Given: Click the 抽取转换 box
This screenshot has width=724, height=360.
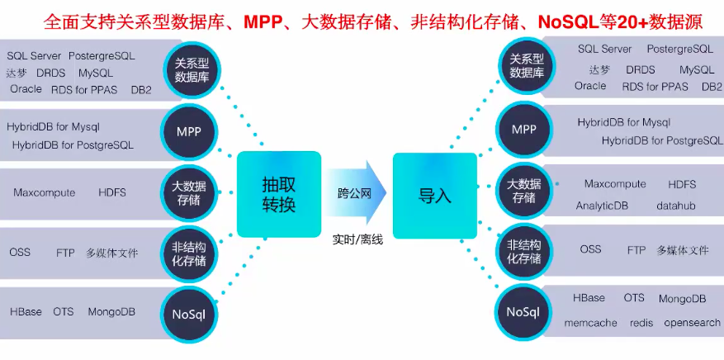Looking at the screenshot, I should point(278,194).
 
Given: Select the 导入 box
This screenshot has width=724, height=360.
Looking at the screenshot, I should point(434,195).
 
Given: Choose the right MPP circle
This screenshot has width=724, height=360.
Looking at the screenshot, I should point(524,130).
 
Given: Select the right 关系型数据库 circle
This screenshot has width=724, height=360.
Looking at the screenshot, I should point(526,65).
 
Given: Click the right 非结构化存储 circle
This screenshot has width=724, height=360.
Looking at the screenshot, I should point(524,251).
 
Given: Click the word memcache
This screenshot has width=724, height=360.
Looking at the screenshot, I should point(590,323).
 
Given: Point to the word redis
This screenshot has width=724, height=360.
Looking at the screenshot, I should point(641,323).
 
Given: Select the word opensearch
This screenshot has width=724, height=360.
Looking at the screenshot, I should point(692,323).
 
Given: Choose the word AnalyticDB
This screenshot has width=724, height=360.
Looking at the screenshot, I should point(603,206).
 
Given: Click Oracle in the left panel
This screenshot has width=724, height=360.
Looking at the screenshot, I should point(26,89).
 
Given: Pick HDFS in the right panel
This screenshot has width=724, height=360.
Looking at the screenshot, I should point(682,184).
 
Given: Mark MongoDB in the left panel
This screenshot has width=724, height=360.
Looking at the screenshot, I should point(111,312).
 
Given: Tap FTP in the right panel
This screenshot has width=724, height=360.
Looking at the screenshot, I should point(636,249).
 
